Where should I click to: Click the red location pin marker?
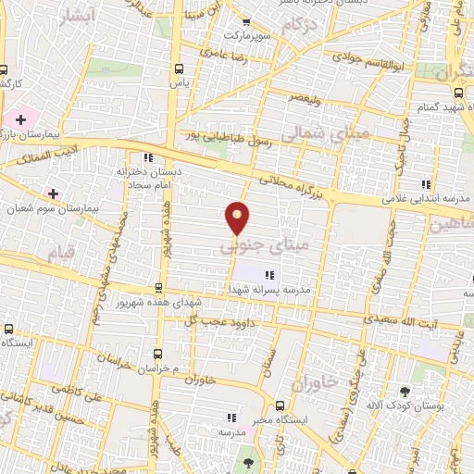[x=238, y=219]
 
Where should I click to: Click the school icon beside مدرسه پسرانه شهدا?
[x=270, y=275]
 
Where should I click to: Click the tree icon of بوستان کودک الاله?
[x=405, y=391]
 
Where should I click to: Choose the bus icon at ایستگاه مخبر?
[x=281, y=405]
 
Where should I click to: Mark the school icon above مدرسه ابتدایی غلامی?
[x=425, y=184]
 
